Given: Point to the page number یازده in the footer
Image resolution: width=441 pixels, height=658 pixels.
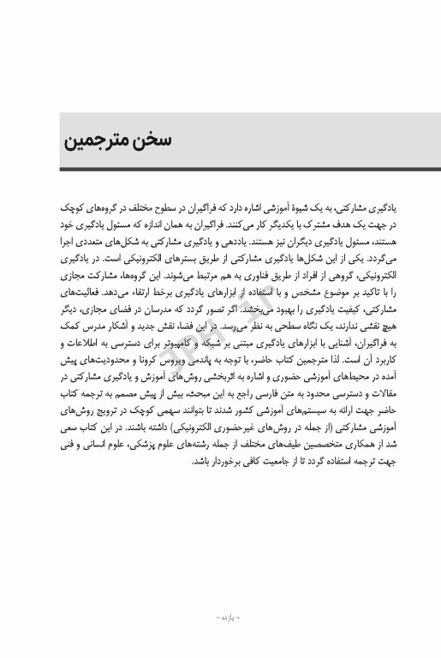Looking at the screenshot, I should [220, 616].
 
